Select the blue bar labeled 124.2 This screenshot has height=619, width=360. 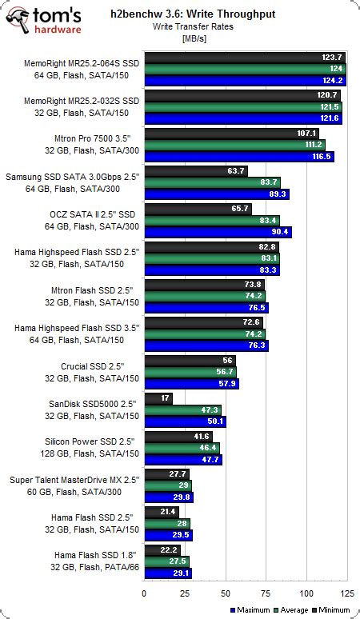point(245,81)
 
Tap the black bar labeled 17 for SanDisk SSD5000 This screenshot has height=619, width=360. point(158,397)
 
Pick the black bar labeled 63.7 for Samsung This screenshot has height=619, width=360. point(196,170)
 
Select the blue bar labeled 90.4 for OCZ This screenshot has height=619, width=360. point(218,232)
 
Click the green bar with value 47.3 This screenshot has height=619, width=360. point(184,409)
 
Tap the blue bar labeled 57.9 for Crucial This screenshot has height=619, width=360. point(191,383)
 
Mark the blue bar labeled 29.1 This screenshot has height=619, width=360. point(167,573)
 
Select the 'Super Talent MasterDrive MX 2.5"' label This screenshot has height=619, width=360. point(75,479)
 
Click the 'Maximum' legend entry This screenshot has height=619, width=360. point(251,610)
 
